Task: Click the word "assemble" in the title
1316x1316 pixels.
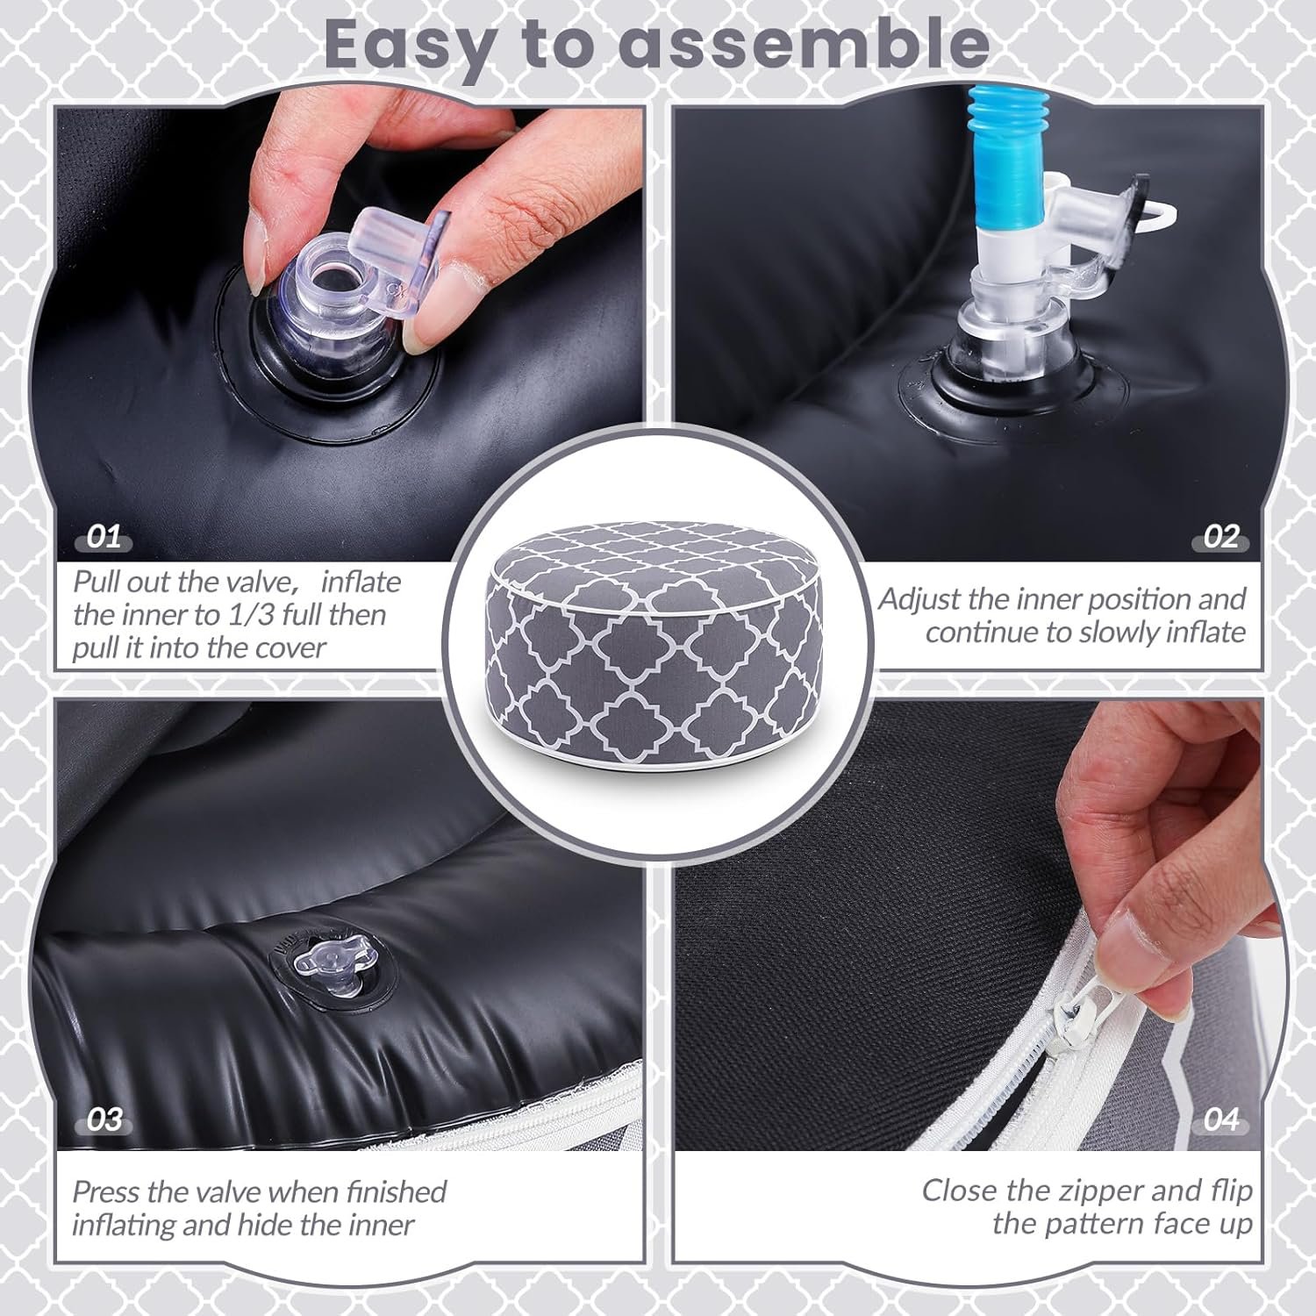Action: point(804,43)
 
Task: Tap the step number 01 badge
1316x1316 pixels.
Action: point(104,537)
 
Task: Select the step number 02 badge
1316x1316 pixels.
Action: point(1219,537)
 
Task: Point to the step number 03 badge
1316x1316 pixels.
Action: point(104,1120)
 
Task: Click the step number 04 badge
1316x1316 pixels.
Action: point(1220,1120)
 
